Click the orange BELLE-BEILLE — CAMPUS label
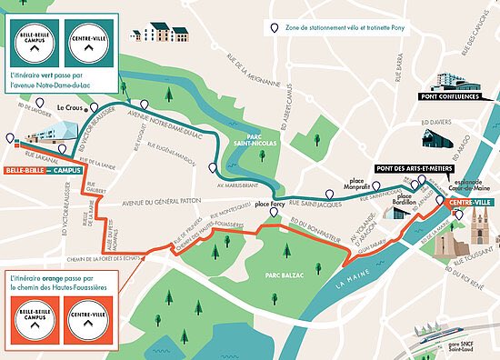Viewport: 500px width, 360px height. point(42,170)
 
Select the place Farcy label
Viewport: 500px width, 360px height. point(271,205)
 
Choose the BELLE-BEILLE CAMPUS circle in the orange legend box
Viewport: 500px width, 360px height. point(33,320)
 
